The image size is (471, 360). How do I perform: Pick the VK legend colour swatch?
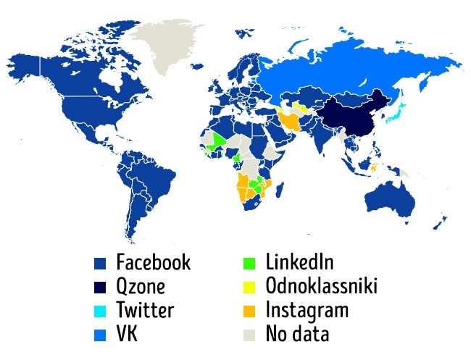[x=101, y=335]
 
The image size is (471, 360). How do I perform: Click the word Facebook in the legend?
[x=153, y=262]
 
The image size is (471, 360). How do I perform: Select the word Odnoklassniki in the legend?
[x=321, y=287]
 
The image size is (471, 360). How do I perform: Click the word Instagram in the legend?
[x=307, y=311]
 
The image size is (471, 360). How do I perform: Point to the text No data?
[x=297, y=335]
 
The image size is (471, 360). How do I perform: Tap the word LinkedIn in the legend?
[x=299, y=262]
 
